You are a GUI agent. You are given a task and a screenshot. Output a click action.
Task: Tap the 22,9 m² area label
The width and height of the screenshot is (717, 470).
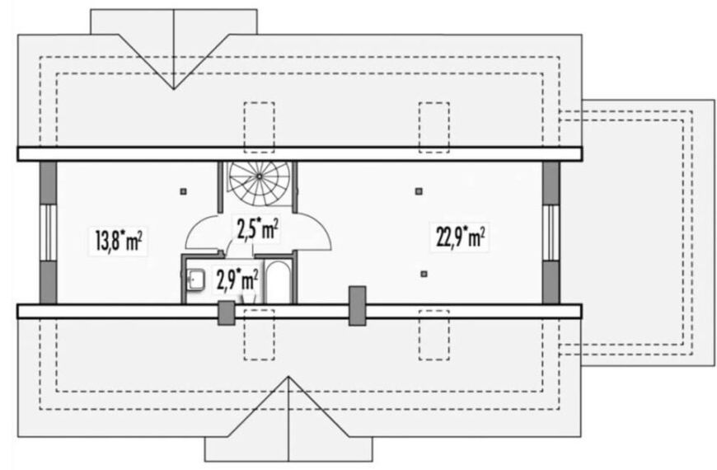pos(460,237)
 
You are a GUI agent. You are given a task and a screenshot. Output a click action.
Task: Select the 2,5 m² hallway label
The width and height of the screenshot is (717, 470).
pos(257,229)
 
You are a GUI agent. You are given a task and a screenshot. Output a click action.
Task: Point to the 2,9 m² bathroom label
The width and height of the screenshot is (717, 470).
pos(237,280)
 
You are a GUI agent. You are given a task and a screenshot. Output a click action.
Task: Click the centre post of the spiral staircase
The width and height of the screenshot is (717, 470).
pos(260,176)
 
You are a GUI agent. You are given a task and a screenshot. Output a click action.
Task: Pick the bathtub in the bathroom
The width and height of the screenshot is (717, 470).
pos(278,282)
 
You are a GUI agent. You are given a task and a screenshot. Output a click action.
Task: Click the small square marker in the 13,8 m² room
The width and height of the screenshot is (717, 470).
pos(183,192)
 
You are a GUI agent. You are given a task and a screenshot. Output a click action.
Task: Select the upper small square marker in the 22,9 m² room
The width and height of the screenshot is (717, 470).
pos(419,191)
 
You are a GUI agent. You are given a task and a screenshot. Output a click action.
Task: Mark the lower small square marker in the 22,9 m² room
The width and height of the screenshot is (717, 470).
pos(424,274)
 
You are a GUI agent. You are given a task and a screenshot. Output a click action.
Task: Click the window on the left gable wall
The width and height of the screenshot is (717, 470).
pos(48,233)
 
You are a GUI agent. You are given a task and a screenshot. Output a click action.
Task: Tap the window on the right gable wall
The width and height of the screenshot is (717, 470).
pos(551,233)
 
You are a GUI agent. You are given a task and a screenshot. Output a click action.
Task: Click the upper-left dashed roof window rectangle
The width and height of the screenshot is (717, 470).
pos(260,127)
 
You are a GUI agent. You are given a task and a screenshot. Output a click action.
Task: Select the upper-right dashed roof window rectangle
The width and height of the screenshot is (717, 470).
pos(434,127)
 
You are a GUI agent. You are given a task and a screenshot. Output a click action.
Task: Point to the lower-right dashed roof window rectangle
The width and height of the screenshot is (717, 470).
pos(434,335)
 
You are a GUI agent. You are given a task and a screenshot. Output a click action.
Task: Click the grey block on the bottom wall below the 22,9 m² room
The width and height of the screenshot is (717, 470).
pos(357,306)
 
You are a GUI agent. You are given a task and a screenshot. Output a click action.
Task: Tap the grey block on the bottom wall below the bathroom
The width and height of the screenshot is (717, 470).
pos(226,313)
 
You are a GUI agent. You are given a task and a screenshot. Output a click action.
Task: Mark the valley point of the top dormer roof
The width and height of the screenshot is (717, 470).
pos(174,89)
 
